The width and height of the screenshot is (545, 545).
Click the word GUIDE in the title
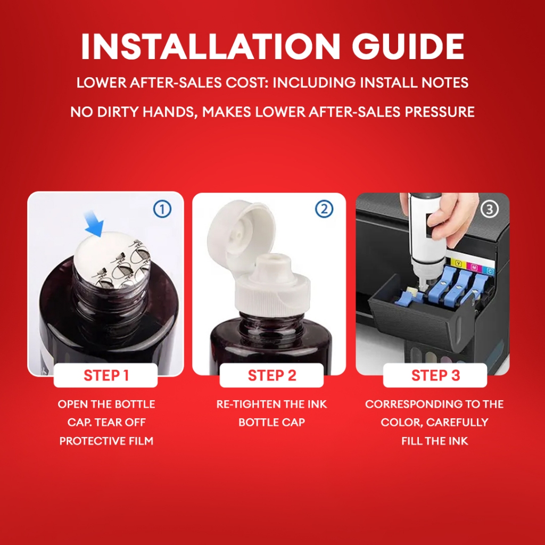408,47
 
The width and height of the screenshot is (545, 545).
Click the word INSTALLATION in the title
210,47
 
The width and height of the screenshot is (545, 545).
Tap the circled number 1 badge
162,209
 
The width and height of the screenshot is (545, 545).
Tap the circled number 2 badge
324,209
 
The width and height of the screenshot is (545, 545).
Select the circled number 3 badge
490,209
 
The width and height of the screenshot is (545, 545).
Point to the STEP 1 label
106,375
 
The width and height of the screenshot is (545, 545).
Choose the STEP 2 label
272,375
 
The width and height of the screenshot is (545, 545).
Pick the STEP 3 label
435,375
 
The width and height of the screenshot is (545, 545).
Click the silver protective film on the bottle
112,260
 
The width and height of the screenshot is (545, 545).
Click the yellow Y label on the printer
458,264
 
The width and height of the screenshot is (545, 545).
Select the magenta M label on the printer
474,268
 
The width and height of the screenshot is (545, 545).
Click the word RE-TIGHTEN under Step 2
249,404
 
